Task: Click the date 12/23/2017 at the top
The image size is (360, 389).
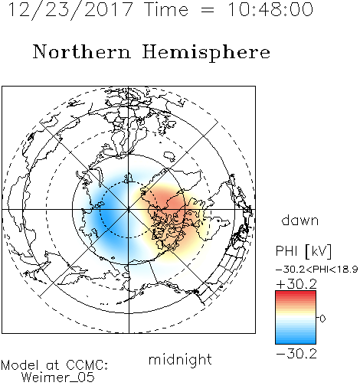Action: click(x=70, y=10)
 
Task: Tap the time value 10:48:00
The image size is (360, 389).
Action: click(x=270, y=10)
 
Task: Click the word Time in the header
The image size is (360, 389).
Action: click(x=166, y=10)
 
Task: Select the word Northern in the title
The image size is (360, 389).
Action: click(x=82, y=51)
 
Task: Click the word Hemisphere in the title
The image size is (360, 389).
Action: click(x=206, y=53)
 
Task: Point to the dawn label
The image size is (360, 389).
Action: click(x=300, y=221)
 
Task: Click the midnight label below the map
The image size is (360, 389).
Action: click(x=180, y=359)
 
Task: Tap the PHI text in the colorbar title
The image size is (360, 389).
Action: click(x=286, y=251)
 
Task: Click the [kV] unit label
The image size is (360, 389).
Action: click(x=319, y=251)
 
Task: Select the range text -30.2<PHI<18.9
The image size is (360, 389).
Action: click(x=316, y=270)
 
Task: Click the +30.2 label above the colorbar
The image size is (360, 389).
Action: click(x=296, y=284)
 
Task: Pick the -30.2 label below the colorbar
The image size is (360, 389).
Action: click(x=296, y=354)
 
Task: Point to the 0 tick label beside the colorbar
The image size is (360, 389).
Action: click(x=322, y=319)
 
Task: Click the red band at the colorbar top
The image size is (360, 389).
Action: click(x=296, y=294)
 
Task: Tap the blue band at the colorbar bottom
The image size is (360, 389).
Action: click(x=296, y=340)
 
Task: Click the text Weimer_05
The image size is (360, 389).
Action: click(x=58, y=378)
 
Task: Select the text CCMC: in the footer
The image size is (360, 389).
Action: click(x=87, y=365)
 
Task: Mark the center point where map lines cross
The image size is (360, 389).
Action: click(x=129, y=210)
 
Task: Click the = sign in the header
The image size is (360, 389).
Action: click(x=208, y=10)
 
